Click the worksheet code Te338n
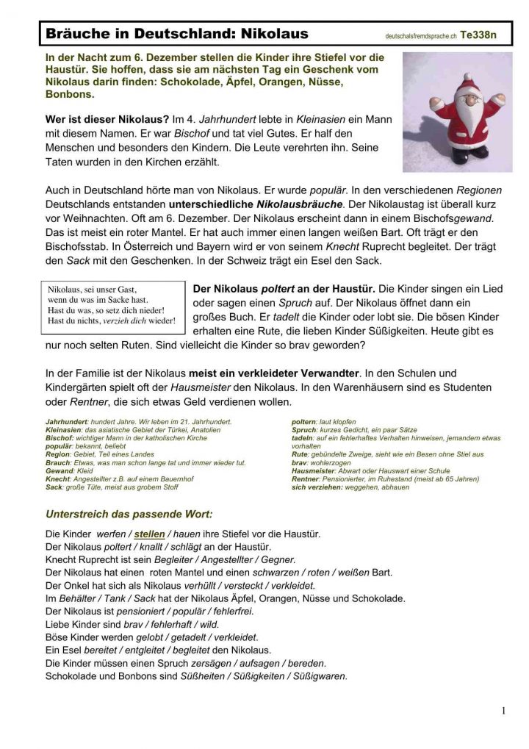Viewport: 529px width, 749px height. click(x=478, y=35)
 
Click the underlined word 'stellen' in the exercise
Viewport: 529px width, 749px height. click(x=149, y=534)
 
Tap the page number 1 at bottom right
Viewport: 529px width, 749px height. click(x=503, y=710)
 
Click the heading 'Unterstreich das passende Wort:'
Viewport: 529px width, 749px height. click(x=129, y=514)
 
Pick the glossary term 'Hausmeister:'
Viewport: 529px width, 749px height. click(x=314, y=470)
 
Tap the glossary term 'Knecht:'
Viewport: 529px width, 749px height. click(x=58, y=479)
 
